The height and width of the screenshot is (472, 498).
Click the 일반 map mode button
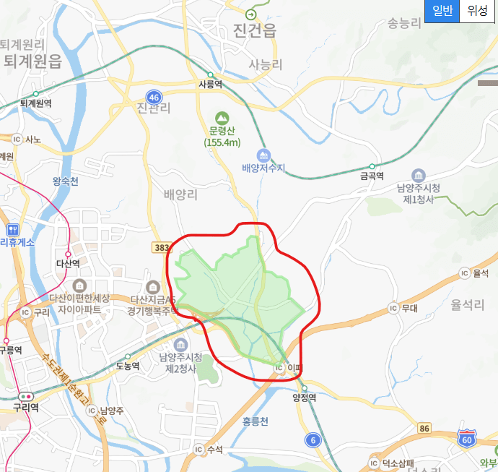[442, 10]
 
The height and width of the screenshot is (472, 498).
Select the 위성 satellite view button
[478, 10]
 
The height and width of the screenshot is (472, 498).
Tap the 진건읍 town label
[255, 30]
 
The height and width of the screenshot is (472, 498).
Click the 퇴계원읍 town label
[32, 61]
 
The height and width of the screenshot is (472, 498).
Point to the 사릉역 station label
[210, 84]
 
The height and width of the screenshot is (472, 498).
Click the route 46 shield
[153, 96]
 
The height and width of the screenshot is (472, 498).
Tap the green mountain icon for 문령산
[222, 117]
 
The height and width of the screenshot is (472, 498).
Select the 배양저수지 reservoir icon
[264, 155]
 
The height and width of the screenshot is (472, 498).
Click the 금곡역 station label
[372, 176]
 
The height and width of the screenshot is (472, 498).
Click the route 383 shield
[162, 247]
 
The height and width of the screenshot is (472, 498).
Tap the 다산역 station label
[68, 264]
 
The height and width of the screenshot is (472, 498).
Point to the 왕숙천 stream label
[64, 181]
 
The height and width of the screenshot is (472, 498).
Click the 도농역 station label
[128, 366]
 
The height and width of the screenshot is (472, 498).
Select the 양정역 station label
[305, 397]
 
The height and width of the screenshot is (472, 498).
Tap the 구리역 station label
[25, 407]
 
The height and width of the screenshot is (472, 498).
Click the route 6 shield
[312, 439]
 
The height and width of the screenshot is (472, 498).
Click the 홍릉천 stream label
[255, 421]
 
